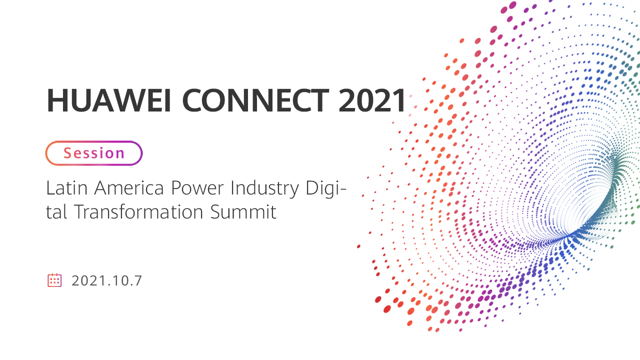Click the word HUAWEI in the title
(x=109, y=100)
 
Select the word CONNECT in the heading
(x=255, y=100)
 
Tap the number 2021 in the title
(x=372, y=100)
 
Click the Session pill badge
(x=94, y=153)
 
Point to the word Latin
(x=67, y=188)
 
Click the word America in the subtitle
(x=129, y=188)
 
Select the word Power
(x=197, y=188)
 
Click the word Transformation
(x=138, y=212)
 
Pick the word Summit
(x=243, y=212)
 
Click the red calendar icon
(x=54, y=280)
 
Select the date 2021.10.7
(x=106, y=280)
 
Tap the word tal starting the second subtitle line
(x=56, y=212)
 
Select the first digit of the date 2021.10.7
(x=75, y=280)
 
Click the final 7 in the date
(x=138, y=280)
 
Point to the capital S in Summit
(x=215, y=212)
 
